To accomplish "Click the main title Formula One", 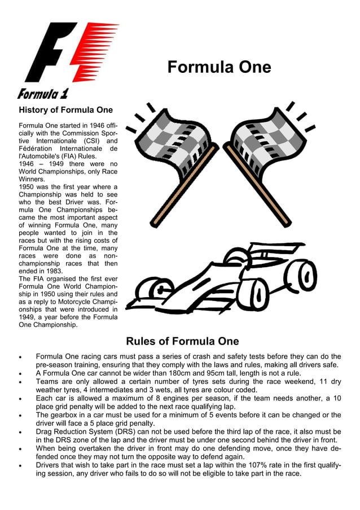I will pos(219,68).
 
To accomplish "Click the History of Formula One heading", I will pos(65,110).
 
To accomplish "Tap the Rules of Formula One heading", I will pos(182,341).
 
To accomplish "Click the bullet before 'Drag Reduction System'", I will pos(21,432).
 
